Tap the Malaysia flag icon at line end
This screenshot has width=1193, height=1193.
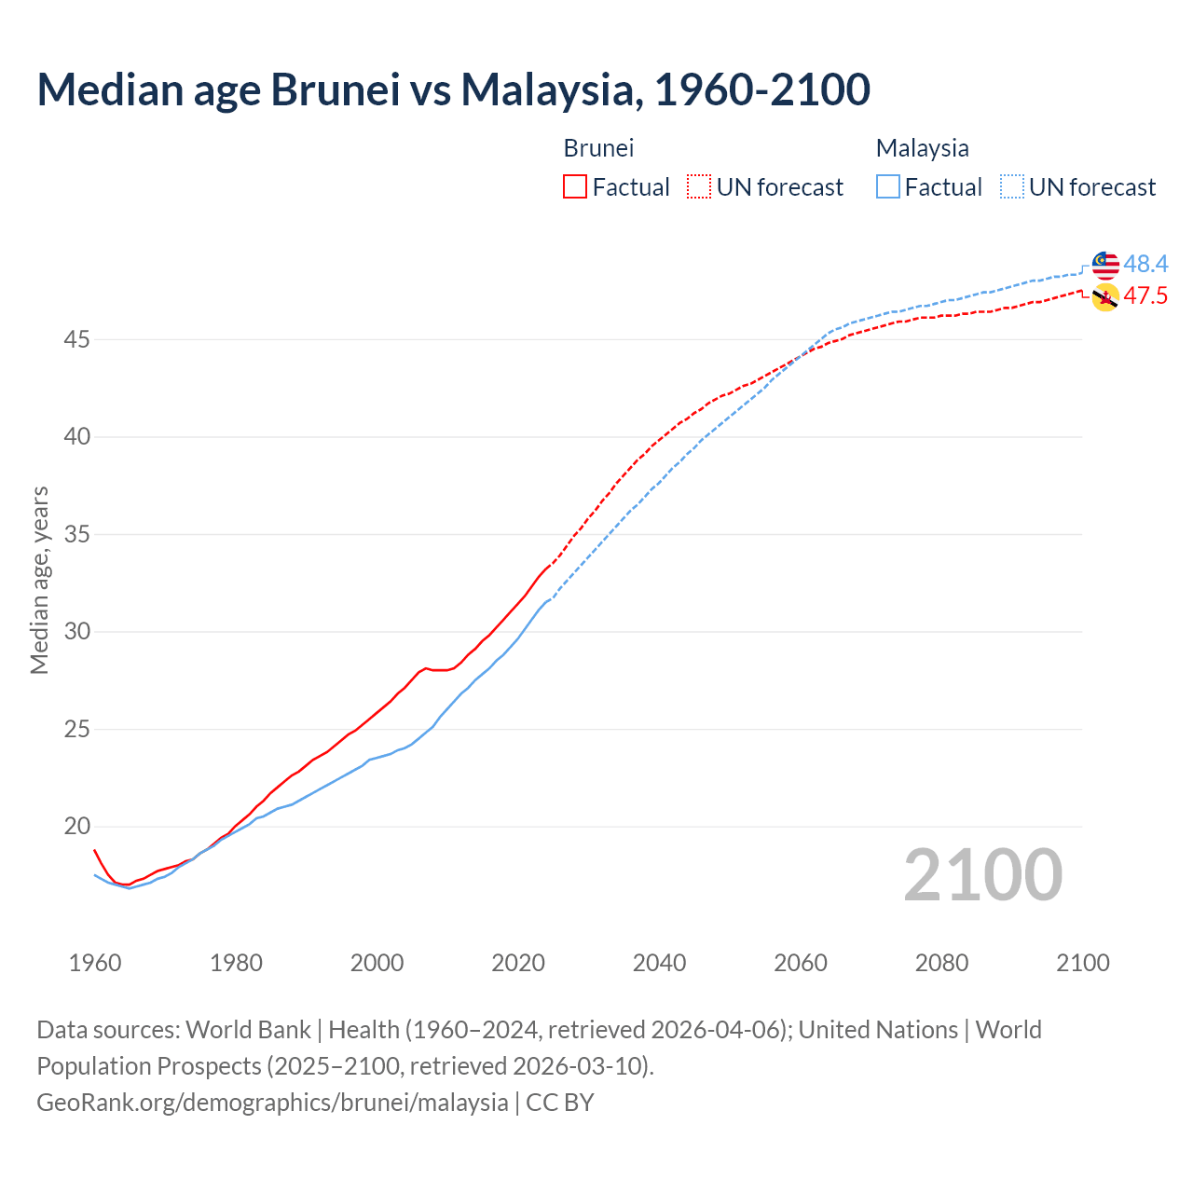(1105, 265)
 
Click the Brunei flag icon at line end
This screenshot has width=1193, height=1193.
(1105, 297)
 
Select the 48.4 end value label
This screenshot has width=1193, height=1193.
(1145, 265)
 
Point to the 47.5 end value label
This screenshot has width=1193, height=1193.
(1145, 296)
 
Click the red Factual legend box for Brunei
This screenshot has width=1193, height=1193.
(575, 187)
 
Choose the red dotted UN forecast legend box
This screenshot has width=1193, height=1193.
(699, 187)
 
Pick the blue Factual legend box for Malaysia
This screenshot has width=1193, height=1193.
(888, 187)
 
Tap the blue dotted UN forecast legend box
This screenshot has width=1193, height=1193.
(1011, 187)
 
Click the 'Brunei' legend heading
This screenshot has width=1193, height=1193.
(598, 148)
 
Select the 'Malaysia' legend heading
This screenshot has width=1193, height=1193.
(922, 148)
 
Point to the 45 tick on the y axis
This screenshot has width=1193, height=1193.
(76, 340)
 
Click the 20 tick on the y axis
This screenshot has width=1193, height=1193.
(76, 827)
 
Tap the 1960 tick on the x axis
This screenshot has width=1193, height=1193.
(95, 963)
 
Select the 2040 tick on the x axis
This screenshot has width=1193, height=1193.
(659, 963)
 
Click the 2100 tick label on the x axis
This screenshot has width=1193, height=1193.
(1082, 963)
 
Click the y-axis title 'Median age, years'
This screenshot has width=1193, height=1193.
(39, 580)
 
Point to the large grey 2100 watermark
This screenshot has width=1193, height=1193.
(982, 875)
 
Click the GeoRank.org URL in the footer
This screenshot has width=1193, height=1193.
(272, 1103)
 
